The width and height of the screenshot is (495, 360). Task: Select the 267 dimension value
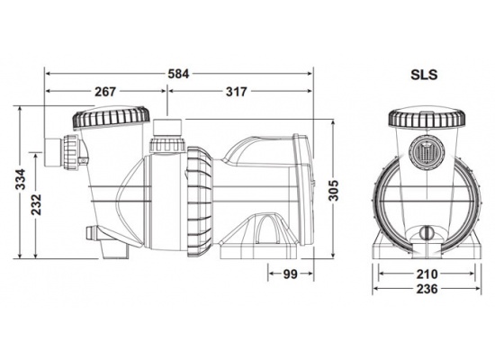tap(103, 91)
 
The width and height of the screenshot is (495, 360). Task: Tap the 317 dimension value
tap(238, 91)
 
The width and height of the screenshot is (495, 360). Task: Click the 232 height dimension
tap(35, 205)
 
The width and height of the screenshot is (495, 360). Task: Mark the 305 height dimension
tap(334, 193)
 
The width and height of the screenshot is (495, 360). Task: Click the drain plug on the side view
tap(91, 235)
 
